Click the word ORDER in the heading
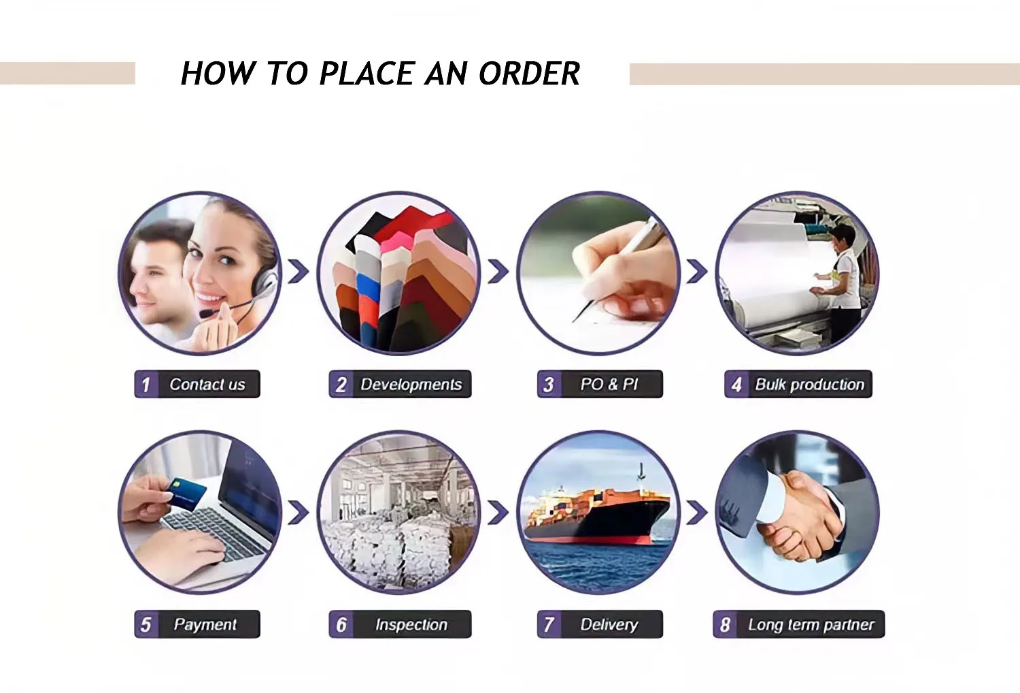pyautogui.click(x=530, y=73)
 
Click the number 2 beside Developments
pyautogui.click(x=341, y=385)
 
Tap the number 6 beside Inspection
pyautogui.click(x=341, y=625)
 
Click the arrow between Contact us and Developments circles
pyautogui.click(x=299, y=271)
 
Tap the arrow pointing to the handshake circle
pyautogui.click(x=697, y=512)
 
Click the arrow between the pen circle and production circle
pyautogui.click(x=697, y=271)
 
